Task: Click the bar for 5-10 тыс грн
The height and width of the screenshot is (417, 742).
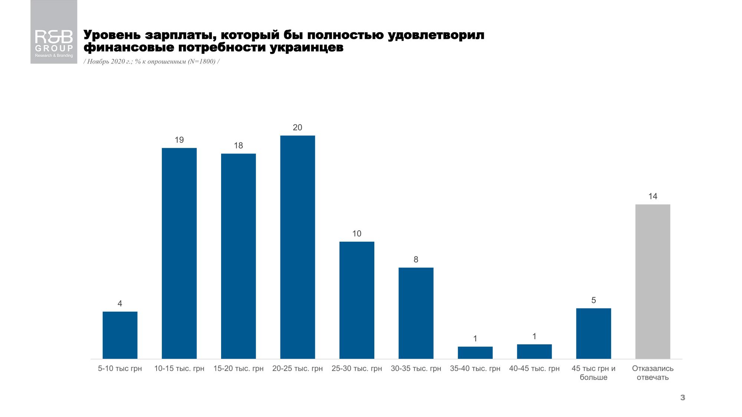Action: click(120, 335)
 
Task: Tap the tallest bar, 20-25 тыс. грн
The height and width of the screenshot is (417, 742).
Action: click(298, 247)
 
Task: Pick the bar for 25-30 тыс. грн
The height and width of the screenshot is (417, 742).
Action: click(357, 300)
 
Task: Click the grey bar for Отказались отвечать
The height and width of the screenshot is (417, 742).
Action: click(653, 282)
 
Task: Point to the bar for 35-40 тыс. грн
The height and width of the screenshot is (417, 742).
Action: click(475, 353)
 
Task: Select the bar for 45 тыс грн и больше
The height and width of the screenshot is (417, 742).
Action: click(594, 334)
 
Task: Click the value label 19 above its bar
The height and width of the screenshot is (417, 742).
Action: click(179, 140)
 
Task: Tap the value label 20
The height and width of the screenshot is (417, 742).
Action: click(298, 128)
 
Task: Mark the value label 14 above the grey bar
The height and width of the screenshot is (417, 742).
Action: click(653, 196)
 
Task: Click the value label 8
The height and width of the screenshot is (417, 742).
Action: click(416, 259)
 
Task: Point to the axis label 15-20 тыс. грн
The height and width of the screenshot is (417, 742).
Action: click(238, 369)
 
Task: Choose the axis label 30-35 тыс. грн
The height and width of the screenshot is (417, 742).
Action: click(416, 369)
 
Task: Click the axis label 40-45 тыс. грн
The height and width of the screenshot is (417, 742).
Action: click(534, 369)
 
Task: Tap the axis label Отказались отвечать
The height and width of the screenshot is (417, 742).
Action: click(653, 373)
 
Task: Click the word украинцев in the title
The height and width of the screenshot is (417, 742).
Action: click(306, 48)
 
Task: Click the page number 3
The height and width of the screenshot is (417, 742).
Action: click(683, 398)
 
